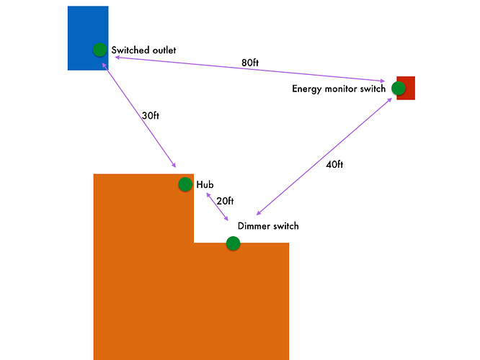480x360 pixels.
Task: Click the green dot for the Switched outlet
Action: tap(99, 50)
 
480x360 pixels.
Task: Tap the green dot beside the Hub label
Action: tap(185, 184)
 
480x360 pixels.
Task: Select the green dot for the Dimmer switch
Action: tap(233, 243)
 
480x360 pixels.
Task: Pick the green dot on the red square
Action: tap(399, 88)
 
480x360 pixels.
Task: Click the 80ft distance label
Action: tap(250, 63)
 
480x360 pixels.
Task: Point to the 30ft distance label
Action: tap(151, 115)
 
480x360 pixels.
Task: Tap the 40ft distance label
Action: tap(334, 164)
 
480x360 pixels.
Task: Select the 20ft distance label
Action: tap(225, 201)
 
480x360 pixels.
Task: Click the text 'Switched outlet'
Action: tap(143, 50)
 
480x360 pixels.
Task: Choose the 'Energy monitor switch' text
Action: tap(339, 89)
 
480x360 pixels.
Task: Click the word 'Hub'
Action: tap(205, 185)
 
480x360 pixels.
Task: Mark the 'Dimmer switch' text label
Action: tap(268, 226)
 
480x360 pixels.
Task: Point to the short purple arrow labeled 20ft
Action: tap(217, 207)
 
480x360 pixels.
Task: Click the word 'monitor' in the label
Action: tap(345, 89)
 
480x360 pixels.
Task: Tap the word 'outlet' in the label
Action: tap(162, 50)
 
